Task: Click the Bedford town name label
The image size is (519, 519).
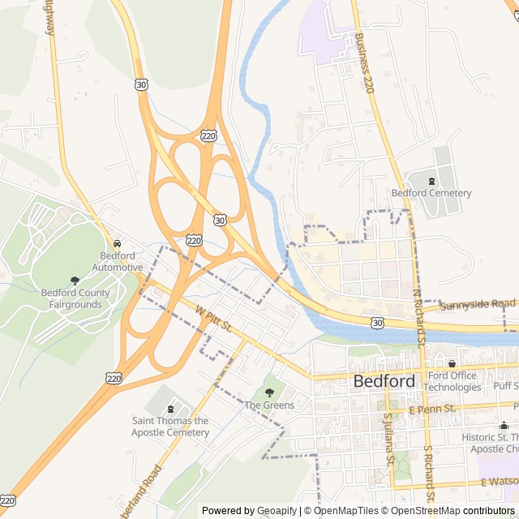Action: [384, 381]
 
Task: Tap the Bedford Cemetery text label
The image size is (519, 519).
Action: [431, 193]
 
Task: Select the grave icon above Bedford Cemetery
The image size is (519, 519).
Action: [431, 180]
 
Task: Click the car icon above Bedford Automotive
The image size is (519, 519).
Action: [118, 243]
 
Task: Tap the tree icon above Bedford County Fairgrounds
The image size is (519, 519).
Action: [75, 281]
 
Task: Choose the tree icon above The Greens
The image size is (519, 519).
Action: [269, 392]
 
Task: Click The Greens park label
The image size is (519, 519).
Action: [269, 405]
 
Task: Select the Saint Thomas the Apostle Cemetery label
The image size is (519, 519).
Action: [170, 427]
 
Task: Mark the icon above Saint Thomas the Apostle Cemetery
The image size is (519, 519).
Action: [170, 410]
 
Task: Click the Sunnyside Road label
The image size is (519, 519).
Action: [478, 303]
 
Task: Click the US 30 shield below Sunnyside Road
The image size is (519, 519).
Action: [376, 323]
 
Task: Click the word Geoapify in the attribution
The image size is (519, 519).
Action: [278, 511]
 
